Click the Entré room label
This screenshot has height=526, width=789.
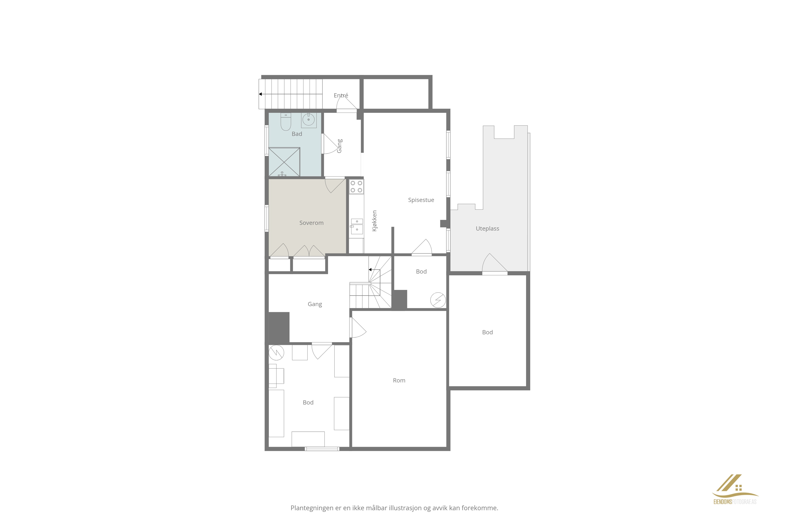point(341,96)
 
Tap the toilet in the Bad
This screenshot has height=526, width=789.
point(286,122)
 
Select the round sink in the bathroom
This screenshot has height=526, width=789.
point(309,120)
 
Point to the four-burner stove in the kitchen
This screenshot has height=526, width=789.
point(356,187)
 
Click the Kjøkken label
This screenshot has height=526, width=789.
point(375,221)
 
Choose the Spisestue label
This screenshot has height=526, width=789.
point(421,200)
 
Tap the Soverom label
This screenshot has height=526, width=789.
point(311,223)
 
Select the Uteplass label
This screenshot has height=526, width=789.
point(487,228)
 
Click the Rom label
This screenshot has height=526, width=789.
point(399,380)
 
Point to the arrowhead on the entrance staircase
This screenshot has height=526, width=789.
point(260,94)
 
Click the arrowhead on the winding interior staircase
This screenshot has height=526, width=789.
point(370,270)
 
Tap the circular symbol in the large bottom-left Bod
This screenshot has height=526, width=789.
point(276,353)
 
